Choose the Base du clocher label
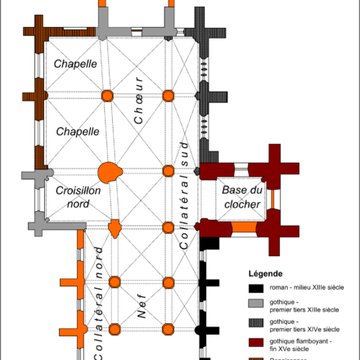241,198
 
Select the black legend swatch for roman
248,288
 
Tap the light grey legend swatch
248,304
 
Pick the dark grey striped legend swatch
248,321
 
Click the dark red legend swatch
248,338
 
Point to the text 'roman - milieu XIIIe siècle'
297,288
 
